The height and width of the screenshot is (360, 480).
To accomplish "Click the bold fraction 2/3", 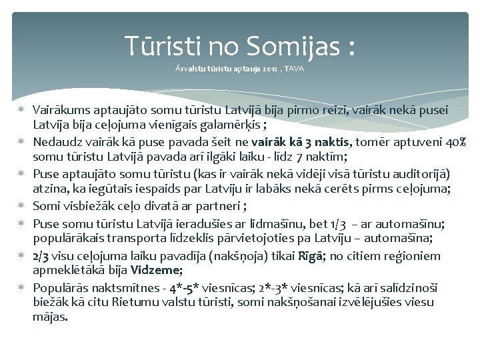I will coord(40,255).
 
